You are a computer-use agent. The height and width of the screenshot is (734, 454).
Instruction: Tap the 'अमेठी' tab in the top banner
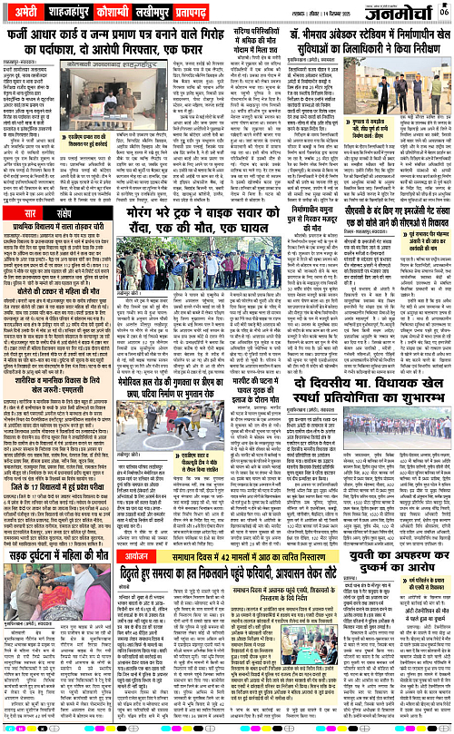pos(25,11)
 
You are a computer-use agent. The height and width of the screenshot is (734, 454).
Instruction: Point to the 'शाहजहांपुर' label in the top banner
pos(78,11)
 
